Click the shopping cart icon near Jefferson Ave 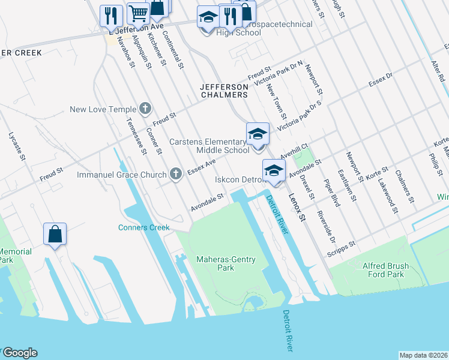click(139, 13)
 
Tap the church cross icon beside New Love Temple click(145, 109)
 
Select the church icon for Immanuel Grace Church click(175, 174)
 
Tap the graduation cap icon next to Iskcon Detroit click(274, 170)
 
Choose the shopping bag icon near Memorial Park click(55, 235)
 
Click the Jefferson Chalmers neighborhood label click(224, 91)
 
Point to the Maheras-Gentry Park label click(226, 263)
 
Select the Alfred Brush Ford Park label click(394, 270)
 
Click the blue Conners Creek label click(144, 227)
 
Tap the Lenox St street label click(297, 206)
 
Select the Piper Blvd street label click(332, 193)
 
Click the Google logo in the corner click(19, 353)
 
